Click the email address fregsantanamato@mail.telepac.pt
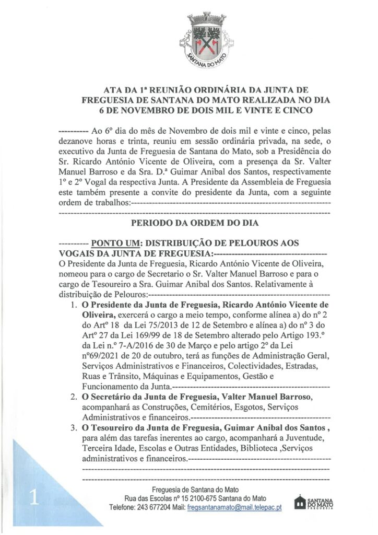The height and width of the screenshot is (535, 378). pyautogui.click(x=234, y=507)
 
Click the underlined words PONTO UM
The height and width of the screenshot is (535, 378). pyautogui.click(x=114, y=243)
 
